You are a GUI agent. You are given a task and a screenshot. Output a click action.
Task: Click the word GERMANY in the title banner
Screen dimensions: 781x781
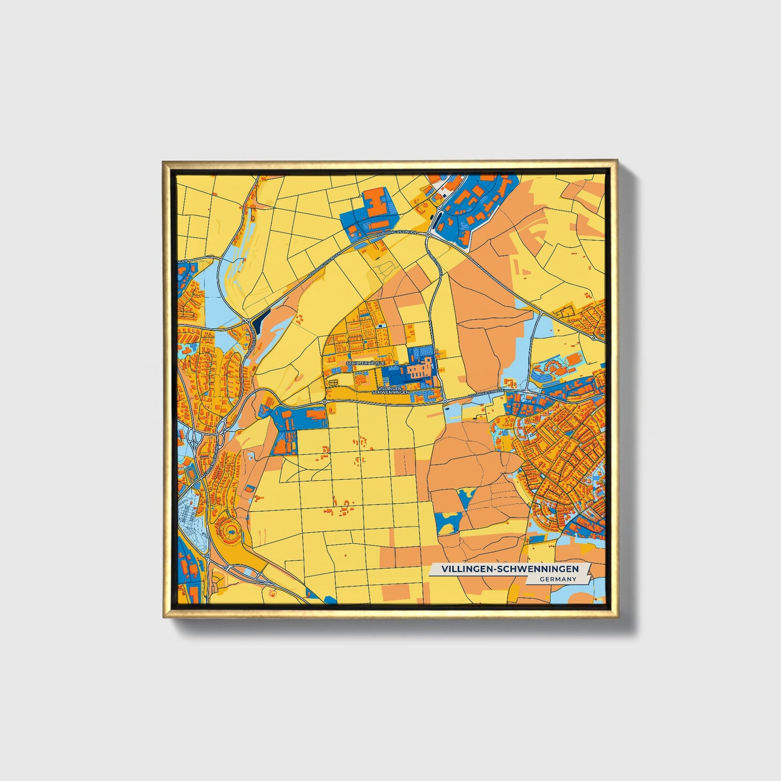[558, 579]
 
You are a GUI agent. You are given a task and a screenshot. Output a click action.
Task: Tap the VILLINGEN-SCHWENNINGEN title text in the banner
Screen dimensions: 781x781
[510, 569]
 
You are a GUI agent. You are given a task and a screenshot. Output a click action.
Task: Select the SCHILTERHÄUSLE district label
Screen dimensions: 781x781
[366, 363]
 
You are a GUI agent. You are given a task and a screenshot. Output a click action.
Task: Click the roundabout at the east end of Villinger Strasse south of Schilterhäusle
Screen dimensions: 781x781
[444, 402]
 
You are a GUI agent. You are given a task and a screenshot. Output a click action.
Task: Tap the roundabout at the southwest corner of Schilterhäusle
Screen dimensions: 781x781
[324, 402]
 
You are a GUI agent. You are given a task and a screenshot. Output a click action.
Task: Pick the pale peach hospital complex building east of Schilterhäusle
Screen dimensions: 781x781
[419, 370]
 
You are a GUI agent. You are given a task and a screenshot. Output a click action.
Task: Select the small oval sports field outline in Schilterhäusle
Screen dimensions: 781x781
[332, 383]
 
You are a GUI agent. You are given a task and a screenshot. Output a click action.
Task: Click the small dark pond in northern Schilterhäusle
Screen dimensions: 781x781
[382, 326]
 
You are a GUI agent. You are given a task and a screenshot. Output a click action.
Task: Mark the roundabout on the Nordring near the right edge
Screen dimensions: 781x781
[594, 338]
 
